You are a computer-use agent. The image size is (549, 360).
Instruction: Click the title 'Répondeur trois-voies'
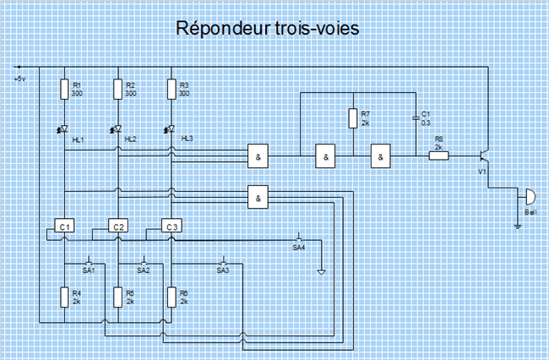coord(268,29)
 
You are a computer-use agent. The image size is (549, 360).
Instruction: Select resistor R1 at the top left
coord(64,90)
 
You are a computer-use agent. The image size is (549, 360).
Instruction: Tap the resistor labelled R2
coord(118,90)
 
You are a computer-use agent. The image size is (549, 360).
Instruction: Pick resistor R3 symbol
coord(171,90)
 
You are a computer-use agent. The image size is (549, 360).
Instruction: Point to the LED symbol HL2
coord(117,129)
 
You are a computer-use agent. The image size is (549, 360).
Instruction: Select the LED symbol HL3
coord(171,129)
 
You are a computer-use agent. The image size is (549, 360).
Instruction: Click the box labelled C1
coord(64,226)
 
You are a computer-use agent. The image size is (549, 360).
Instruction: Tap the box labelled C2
coord(118,226)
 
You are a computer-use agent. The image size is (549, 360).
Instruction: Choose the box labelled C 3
coord(171,226)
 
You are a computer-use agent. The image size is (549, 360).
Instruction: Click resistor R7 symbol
coord(351,119)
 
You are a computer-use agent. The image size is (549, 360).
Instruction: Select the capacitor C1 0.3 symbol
coord(414,119)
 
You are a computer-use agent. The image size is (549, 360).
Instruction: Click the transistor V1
coord(484,156)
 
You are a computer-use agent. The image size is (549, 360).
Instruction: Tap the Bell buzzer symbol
coord(528,198)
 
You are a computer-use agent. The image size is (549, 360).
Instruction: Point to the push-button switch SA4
coord(299,237)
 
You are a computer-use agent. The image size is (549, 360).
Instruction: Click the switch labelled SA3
coord(223,260)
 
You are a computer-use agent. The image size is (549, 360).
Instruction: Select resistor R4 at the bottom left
coord(64,297)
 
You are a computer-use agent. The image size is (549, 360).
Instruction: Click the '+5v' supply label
coord(21,79)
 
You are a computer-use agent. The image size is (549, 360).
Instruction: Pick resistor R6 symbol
coord(171,297)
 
